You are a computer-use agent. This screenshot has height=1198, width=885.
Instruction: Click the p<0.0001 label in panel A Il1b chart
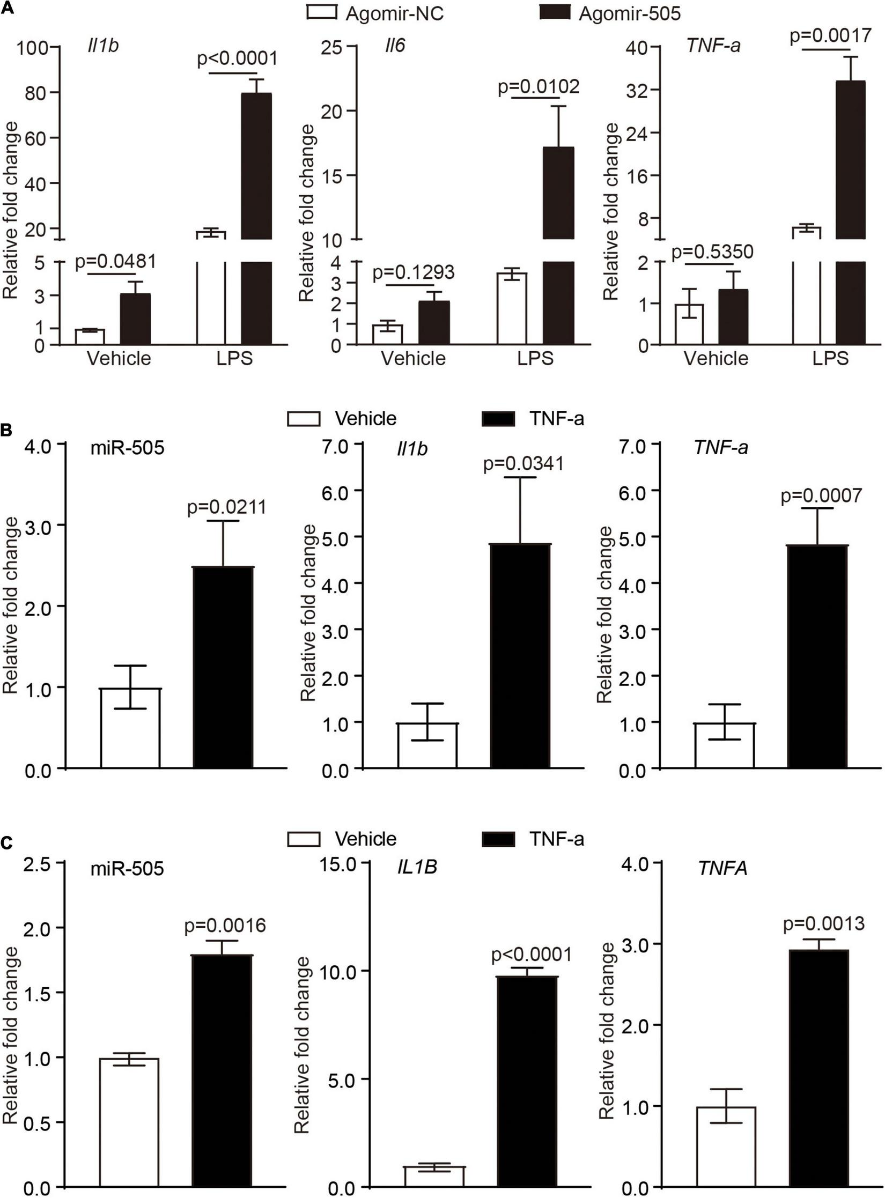click(x=238, y=58)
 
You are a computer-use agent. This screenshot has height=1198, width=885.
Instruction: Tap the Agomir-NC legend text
click(x=394, y=13)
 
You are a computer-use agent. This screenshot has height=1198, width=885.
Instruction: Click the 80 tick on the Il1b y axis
click(x=35, y=93)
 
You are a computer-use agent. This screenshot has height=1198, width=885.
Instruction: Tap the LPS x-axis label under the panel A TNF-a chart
click(x=830, y=358)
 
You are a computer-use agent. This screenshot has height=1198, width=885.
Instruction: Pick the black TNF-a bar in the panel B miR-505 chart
click(x=223, y=668)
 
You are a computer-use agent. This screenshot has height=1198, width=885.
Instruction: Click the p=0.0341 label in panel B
click(x=523, y=463)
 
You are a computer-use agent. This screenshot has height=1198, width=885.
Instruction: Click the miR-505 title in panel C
click(x=127, y=868)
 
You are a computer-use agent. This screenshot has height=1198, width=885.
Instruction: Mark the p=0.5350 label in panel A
click(x=713, y=251)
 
